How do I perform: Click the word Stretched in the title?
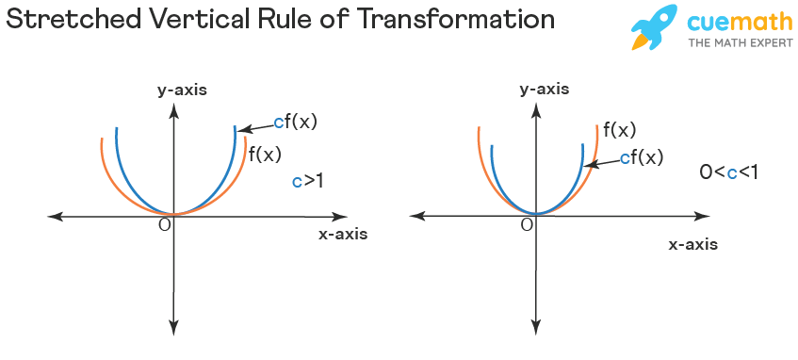coord(76,20)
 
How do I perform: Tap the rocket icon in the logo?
coord(653,26)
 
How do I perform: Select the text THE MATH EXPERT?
coord(740,42)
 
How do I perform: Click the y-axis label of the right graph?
coord(544,90)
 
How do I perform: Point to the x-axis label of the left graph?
coord(343,234)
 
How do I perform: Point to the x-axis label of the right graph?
coord(692,244)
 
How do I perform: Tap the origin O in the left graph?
coord(164,223)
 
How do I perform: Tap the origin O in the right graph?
coord(527,223)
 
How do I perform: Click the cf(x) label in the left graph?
coord(295,122)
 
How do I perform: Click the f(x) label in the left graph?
coord(265,153)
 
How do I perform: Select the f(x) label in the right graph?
coord(619,130)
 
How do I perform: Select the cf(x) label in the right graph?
coord(641,157)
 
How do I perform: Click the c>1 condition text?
coord(307,180)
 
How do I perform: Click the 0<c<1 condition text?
coord(729,172)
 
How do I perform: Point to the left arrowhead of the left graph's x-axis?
coord(54,216)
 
